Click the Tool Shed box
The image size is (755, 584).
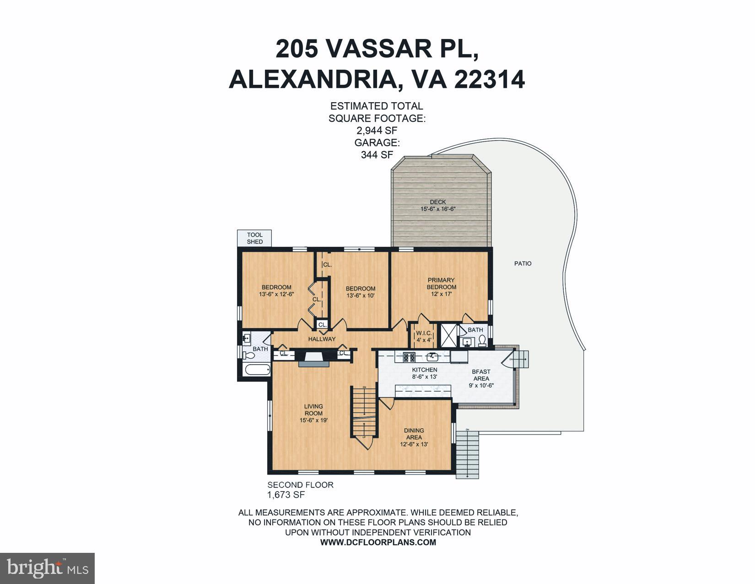[254, 238]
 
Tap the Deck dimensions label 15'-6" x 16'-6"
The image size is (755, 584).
[438, 209]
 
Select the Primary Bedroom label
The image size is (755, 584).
[441, 284]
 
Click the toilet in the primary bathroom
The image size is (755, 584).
[482, 340]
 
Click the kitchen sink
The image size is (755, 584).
[432, 356]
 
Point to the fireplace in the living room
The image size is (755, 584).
[313, 358]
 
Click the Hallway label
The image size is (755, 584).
[322, 339]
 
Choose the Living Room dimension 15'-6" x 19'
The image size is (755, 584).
[313, 420]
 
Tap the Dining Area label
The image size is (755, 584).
[414, 434]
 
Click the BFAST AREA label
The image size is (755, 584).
[481, 375]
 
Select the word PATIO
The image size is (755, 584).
[523, 263]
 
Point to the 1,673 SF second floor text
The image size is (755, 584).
[286, 495]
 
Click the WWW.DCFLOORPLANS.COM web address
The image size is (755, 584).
[378, 542]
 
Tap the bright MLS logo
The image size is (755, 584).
[48, 568]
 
